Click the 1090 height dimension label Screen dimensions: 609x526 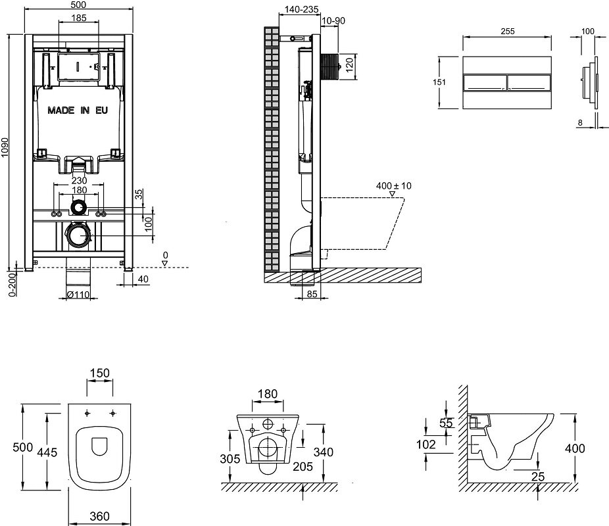[x=5, y=147]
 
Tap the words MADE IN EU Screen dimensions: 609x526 [x=78, y=110]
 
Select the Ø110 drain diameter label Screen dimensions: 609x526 [x=78, y=295]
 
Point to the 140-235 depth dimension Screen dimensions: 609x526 [x=301, y=9]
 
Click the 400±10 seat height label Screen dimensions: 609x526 [x=393, y=186]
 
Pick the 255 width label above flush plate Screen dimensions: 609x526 [x=507, y=32]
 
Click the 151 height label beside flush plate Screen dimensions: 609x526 [x=439, y=82]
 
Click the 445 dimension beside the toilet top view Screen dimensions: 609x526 [x=47, y=452]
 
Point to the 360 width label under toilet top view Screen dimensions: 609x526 [x=99, y=516]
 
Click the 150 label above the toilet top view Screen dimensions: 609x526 [x=100, y=373]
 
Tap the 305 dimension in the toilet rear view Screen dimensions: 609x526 [x=230, y=459]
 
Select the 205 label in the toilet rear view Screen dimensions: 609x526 [x=303, y=466]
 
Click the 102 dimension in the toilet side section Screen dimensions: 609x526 [x=426, y=444]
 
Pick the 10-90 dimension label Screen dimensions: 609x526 [x=333, y=20]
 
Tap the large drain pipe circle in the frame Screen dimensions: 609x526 [x=79, y=236]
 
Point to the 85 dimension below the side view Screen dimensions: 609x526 [x=312, y=295]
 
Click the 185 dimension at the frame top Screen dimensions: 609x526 [x=79, y=18]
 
